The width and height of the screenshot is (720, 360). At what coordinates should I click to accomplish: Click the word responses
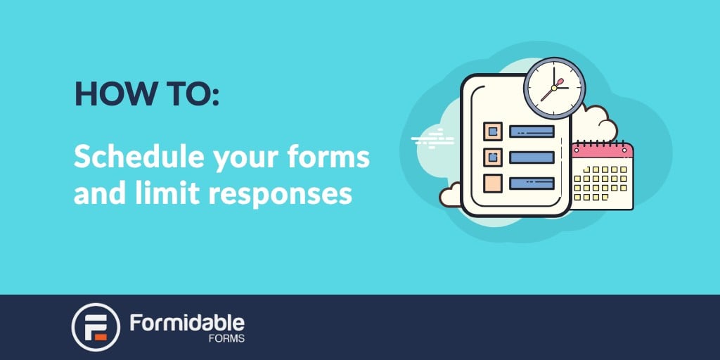point(281,195)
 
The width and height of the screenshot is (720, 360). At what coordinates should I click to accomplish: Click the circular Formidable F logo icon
point(96,327)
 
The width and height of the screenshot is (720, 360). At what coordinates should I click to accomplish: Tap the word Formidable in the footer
point(187,323)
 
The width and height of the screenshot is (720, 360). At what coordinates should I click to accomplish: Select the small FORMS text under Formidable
point(226,340)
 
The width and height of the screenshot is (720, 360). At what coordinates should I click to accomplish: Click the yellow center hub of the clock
point(554,88)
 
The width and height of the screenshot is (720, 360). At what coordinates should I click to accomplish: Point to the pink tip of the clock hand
point(560,82)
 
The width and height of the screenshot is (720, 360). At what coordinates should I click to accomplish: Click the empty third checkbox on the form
point(493,184)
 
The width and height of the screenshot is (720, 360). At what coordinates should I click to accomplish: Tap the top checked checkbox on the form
point(493,131)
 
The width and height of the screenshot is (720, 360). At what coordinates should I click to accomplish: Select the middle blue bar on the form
point(532,157)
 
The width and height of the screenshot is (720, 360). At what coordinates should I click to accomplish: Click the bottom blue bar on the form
point(532,184)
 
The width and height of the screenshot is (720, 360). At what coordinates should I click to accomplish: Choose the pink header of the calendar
point(603,150)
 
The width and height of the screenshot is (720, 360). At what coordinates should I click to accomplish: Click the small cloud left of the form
point(449,195)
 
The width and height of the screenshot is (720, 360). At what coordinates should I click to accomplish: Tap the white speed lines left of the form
point(432,139)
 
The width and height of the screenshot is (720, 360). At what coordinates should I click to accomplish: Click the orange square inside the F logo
point(101,337)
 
